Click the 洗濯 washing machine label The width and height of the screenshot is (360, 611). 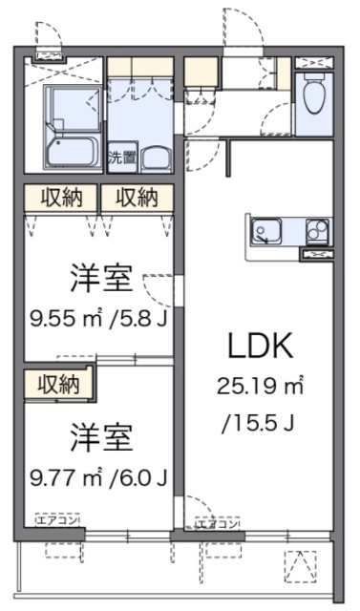coord(121,158)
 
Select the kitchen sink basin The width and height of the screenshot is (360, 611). coord(265,231)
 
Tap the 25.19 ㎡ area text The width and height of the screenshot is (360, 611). coord(260,387)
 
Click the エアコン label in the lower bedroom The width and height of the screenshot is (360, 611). coord(58,521)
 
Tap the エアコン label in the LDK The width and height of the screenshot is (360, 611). coord(218,523)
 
